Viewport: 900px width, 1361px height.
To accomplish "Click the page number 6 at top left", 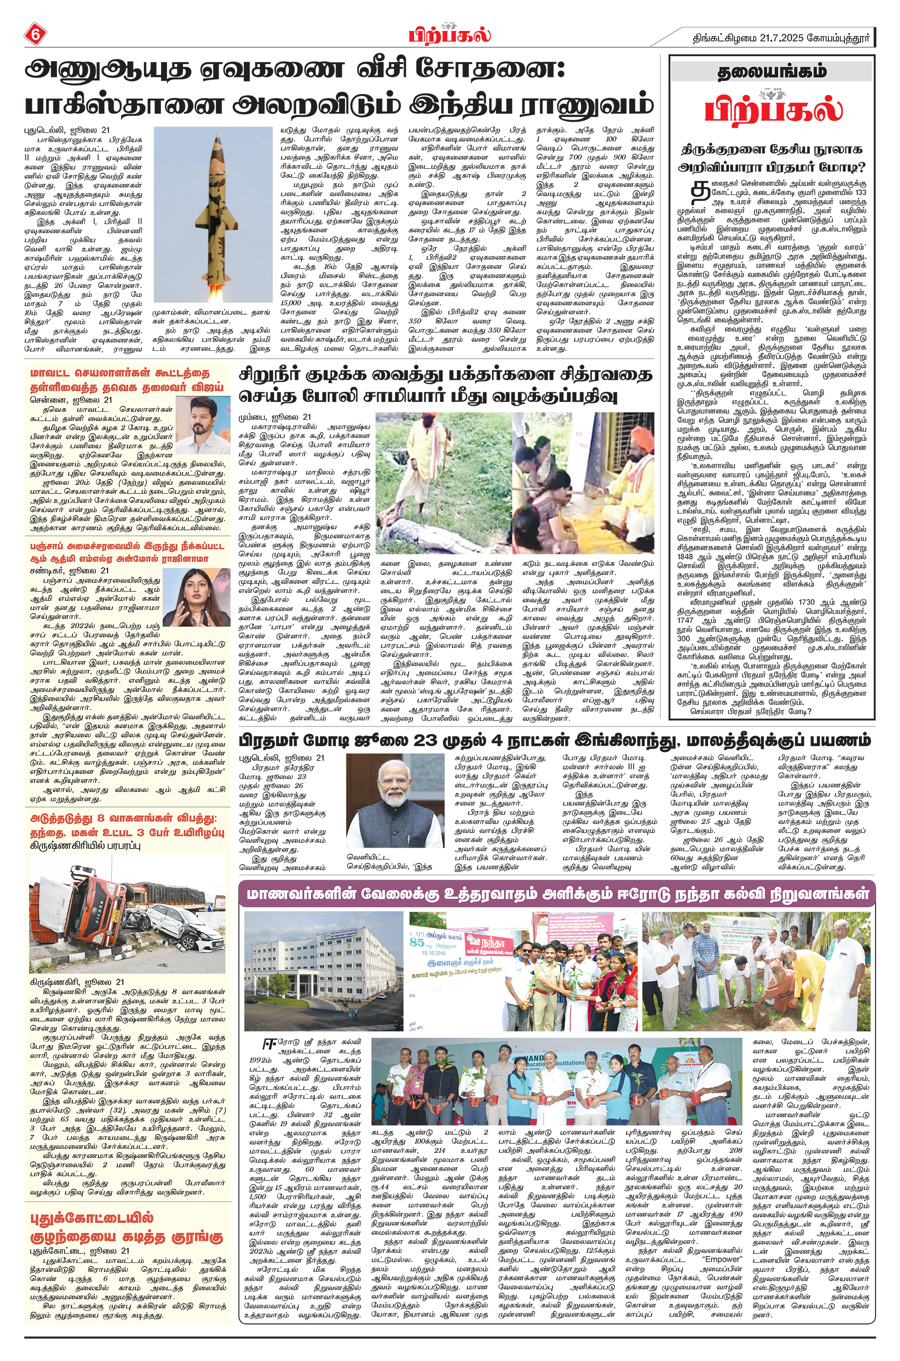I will (35, 34).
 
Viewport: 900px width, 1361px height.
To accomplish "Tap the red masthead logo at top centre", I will (449, 35).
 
